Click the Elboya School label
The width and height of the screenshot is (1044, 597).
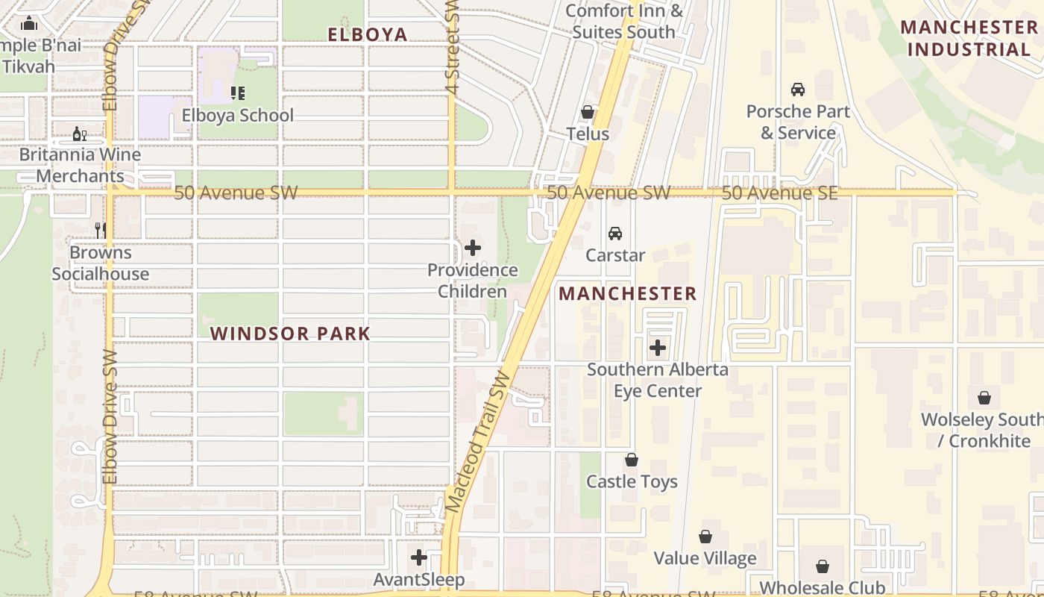[x=237, y=116]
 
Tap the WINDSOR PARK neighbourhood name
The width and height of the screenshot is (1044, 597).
[x=290, y=334]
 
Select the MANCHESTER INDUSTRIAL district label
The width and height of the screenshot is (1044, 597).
[x=969, y=39]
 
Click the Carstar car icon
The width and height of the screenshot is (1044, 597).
[x=615, y=234]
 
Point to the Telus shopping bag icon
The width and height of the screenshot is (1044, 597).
[x=588, y=113]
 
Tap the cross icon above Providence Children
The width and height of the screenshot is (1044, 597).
[x=473, y=248]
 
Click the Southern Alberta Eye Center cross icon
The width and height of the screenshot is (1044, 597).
[x=658, y=348]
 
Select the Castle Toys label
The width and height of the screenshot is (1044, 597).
[x=632, y=481]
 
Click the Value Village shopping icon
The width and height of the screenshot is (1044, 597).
[x=705, y=537]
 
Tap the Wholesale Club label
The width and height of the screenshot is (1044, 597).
[x=822, y=587]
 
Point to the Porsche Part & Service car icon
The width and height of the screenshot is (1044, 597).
[x=798, y=90]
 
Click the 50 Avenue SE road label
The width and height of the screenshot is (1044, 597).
[x=779, y=193]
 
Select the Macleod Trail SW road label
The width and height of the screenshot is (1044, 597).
[x=478, y=442]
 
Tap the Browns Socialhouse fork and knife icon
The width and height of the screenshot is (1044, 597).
[x=100, y=231]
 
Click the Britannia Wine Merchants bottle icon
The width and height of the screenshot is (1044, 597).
[x=79, y=134]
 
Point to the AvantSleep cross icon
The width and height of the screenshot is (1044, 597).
[x=419, y=557]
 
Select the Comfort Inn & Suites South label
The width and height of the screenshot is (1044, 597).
[x=623, y=22]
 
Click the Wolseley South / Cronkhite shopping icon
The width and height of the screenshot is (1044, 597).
[x=984, y=398]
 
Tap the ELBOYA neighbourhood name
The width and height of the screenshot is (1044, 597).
[x=368, y=34]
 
